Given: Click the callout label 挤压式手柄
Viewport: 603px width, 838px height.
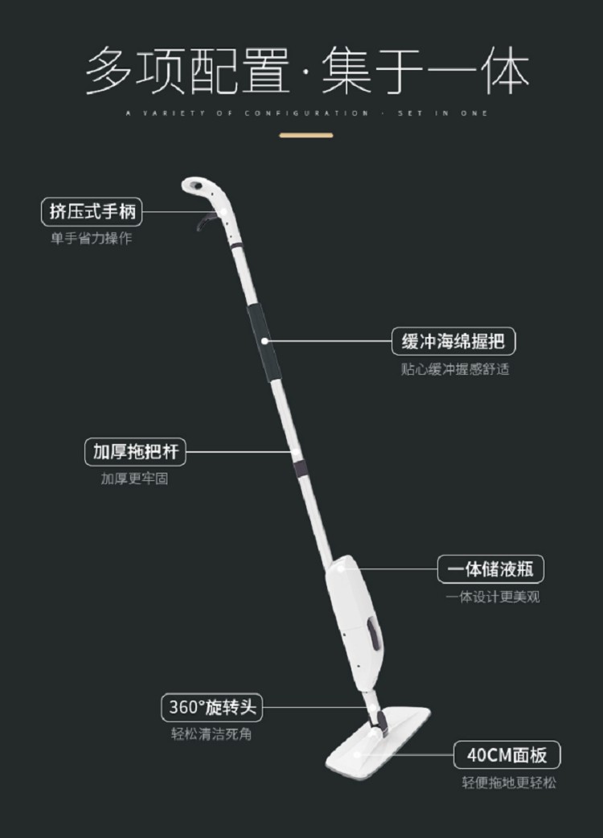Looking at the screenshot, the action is (x=92, y=212).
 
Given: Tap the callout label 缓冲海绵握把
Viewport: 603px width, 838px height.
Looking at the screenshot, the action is (x=453, y=341).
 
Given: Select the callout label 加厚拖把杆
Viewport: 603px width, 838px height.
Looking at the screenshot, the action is (x=135, y=452).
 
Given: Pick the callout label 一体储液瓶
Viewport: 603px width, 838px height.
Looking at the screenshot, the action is (x=490, y=569).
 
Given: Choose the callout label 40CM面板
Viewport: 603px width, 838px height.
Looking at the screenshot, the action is (x=507, y=754).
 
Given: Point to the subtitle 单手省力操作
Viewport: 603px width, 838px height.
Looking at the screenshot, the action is (x=92, y=238).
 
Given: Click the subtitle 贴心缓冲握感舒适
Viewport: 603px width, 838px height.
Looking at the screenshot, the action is (x=455, y=369).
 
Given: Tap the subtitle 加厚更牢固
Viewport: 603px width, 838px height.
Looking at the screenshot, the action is (x=134, y=479).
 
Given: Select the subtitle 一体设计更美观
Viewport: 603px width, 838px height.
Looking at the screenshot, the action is (x=493, y=597).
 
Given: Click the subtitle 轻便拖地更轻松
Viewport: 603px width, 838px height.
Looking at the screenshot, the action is (x=509, y=783).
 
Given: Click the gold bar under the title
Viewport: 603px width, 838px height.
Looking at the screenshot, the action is (x=306, y=135).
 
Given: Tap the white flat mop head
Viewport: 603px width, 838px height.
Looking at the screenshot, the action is (x=378, y=740).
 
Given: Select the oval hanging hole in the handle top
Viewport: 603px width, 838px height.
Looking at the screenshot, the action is (x=195, y=186).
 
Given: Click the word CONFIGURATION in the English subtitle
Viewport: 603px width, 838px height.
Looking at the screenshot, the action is (x=306, y=113).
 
